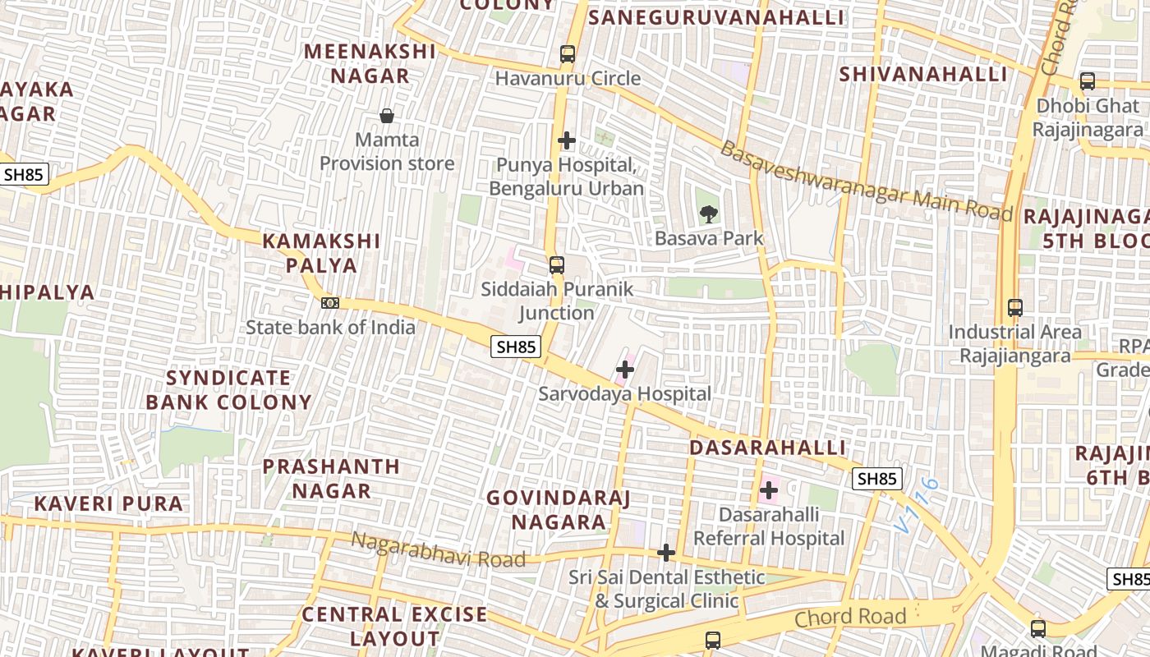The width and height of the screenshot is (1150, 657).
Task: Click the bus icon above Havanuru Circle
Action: click(x=567, y=54)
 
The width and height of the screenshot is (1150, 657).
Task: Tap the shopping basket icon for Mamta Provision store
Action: click(x=386, y=116)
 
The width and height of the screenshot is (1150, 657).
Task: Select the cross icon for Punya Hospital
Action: click(x=566, y=140)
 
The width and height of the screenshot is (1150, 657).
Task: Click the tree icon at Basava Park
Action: click(x=708, y=215)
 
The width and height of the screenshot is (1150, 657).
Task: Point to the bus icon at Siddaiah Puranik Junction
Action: click(x=557, y=265)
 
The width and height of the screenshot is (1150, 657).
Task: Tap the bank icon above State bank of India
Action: click(x=330, y=303)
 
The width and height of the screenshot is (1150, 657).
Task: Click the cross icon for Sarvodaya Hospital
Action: click(x=625, y=370)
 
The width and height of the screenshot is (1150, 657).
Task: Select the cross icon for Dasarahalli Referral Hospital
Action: click(x=769, y=491)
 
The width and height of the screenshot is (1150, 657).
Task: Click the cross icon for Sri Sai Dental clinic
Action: click(x=666, y=553)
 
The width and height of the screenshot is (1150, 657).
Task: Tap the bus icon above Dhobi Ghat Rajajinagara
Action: click(x=1088, y=81)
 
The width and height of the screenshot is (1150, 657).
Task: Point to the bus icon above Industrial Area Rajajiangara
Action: click(x=1015, y=308)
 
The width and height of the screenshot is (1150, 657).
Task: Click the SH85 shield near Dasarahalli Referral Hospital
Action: click(x=876, y=479)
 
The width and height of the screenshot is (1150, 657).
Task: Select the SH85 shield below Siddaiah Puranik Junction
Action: click(x=517, y=347)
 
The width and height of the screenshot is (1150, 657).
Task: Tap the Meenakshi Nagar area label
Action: click(x=370, y=63)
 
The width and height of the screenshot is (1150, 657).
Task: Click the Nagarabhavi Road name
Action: click(x=438, y=551)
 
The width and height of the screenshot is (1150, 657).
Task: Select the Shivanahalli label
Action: click(x=922, y=74)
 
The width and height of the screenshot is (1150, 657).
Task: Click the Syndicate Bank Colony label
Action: click(x=229, y=390)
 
